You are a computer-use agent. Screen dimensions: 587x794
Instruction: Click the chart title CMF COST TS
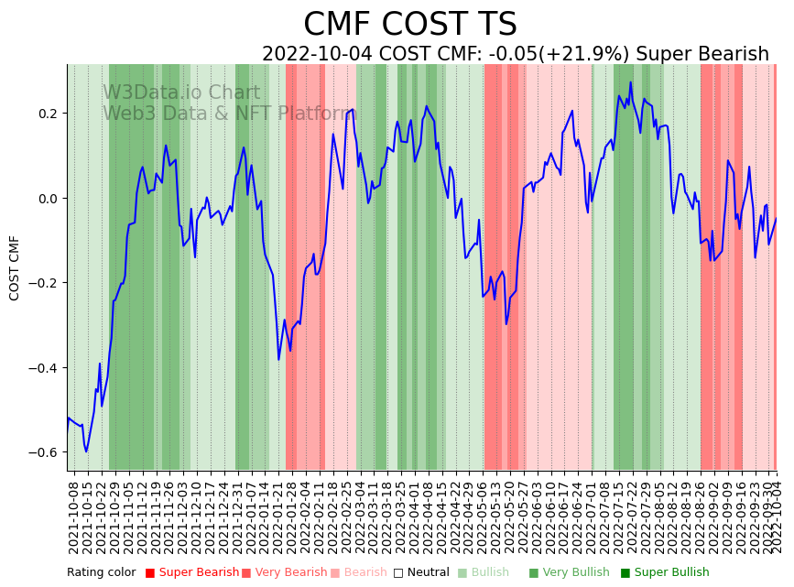[x=409, y=25]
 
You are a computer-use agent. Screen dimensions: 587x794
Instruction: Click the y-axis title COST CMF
[x=15, y=267]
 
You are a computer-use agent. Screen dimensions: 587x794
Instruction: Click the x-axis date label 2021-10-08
[x=74, y=516]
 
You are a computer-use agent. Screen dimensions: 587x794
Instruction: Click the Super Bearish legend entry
[x=191, y=573]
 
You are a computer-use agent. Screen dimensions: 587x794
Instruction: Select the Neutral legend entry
[x=421, y=573]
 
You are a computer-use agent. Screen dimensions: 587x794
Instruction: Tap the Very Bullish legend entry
[x=569, y=573]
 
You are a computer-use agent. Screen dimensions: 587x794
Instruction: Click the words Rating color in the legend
[x=101, y=573]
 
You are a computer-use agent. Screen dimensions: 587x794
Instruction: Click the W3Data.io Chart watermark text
[x=181, y=93]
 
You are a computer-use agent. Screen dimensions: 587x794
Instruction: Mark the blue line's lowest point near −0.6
[x=87, y=451]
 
